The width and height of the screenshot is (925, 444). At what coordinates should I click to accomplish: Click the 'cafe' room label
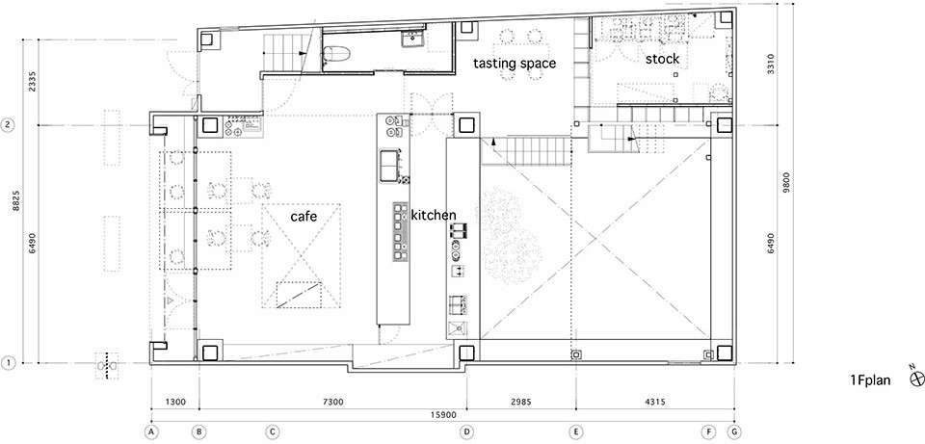[x=304, y=217]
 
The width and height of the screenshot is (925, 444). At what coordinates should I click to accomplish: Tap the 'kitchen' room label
[x=434, y=215]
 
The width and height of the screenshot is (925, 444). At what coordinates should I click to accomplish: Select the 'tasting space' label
[x=515, y=64]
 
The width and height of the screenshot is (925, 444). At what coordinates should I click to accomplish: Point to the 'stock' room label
[x=662, y=59]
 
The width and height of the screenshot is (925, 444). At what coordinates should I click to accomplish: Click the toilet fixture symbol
[x=336, y=54]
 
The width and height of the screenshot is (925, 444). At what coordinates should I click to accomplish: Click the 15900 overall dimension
[x=442, y=415]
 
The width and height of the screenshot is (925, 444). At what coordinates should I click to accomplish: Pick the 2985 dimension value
[x=521, y=403]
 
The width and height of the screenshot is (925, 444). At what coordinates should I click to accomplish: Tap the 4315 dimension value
[x=655, y=403]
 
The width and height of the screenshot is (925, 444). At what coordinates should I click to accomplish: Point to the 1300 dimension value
[x=175, y=403]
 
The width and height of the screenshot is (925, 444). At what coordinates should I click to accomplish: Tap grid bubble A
[x=151, y=431]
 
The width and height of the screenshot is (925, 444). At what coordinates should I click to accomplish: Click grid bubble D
[x=467, y=431]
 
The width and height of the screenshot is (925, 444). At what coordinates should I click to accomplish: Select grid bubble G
[x=734, y=431]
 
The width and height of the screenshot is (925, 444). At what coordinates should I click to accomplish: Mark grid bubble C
[x=272, y=431]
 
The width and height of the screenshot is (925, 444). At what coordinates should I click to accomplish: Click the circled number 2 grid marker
[x=9, y=125]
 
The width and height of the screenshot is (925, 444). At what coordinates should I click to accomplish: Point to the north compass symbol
[x=917, y=379]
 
